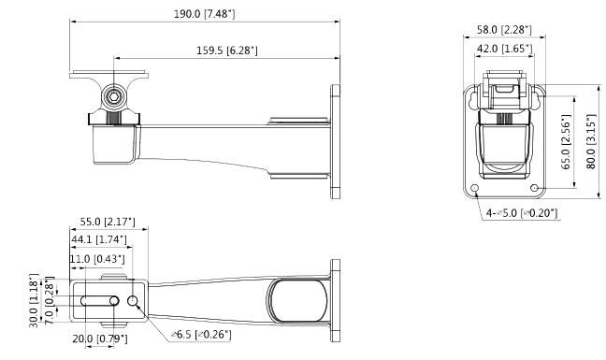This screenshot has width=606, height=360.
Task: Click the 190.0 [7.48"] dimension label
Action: tap(205, 14)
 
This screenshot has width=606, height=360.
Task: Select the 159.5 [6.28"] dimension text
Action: tap(227, 50)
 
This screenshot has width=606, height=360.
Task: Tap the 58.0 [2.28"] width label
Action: tap(504, 30)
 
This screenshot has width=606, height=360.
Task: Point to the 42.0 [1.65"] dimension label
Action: tap(505, 49)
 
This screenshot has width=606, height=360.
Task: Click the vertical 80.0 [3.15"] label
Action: tap(591, 141)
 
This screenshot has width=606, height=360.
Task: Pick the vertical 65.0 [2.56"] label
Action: tap(566, 142)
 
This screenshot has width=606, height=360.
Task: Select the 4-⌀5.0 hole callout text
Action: tap(522, 213)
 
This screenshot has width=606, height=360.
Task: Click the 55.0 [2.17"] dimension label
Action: tap(108, 222)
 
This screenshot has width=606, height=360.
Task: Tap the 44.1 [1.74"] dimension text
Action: tap(99, 239)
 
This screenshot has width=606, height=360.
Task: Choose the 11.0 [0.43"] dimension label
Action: tap(97, 258)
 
